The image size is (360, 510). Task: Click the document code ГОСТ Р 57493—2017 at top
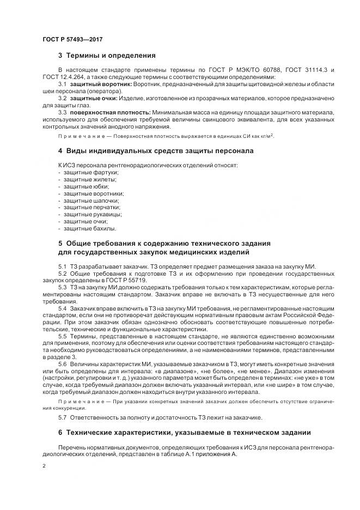pyautogui.click(x=72, y=40)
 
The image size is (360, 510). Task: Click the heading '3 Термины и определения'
pyautogui.click(x=107, y=56)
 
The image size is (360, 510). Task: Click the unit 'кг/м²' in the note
pyautogui.click(x=265, y=136)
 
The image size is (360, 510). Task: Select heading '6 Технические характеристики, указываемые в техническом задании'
pyautogui.click(x=184, y=433)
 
